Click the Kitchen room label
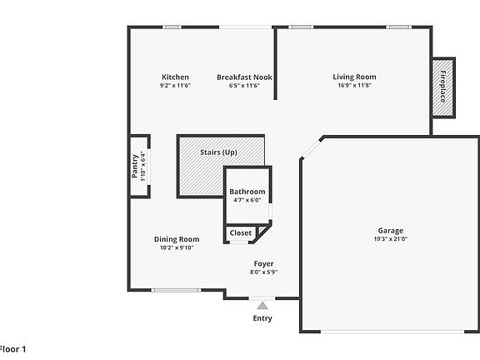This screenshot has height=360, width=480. [x=175, y=77]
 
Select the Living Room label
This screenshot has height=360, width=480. [x=355, y=77]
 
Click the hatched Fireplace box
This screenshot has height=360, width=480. [x=442, y=87]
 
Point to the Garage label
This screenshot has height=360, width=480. [x=390, y=231]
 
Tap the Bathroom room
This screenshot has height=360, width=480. [x=247, y=192]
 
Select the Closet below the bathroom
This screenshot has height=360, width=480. [x=241, y=233]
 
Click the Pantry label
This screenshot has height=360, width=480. [x=136, y=164]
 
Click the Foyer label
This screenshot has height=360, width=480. [x=263, y=264]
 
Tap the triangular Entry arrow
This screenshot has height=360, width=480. [x=262, y=306]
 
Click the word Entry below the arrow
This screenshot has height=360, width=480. [x=262, y=318]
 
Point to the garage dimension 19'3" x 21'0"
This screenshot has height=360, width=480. [x=390, y=239]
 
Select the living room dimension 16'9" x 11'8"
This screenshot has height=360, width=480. [x=355, y=86]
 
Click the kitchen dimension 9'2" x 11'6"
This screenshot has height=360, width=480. [x=175, y=86]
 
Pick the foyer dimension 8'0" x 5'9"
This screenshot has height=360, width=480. [x=263, y=272]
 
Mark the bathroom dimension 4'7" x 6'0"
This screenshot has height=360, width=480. [x=247, y=201]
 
